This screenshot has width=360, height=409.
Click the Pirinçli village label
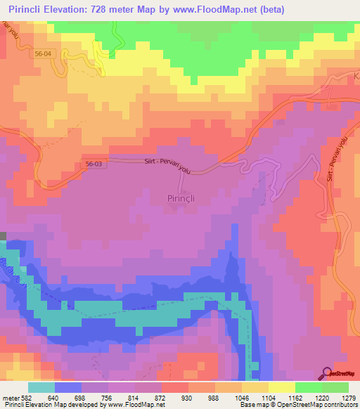[181, 199]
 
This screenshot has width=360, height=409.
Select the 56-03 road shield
[92, 162]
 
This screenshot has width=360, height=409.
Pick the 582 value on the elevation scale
[27, 398]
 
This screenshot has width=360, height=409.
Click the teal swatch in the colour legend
[41, 387]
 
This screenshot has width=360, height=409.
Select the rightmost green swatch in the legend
[335, 387]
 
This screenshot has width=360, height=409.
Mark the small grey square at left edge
[3, 238]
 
